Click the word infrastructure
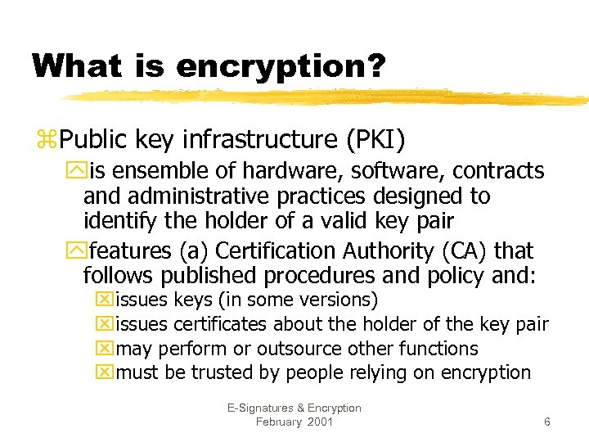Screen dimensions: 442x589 click(255, 139)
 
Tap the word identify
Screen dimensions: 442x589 click(115, 221)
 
